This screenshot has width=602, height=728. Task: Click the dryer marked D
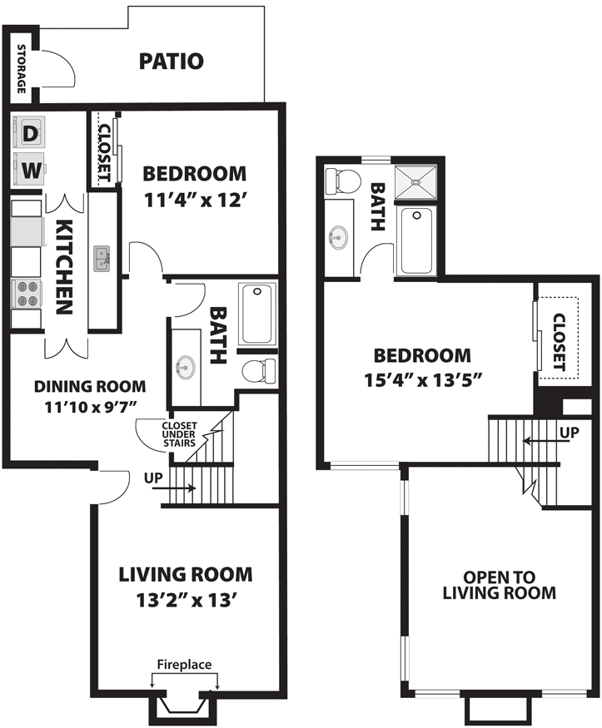pos(29,133)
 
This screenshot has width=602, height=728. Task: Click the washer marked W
pos(29,170)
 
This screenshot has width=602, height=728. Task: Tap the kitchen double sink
pos(102,259)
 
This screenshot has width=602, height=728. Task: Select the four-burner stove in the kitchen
pos(27,294)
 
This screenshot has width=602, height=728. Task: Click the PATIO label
pos(172,62)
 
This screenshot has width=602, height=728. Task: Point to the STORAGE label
pos(22,69)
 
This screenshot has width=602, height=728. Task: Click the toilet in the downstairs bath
pos(259,371)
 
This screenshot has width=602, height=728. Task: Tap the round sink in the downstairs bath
pos(186,367)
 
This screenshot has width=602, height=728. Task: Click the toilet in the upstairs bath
pos(344,181)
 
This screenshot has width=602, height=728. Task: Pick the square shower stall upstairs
pos(415,182)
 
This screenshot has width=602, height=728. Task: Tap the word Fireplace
pos(184,665)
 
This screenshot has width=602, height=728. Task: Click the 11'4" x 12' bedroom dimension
pos(194,201)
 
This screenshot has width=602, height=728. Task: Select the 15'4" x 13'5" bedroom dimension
pos(422,380)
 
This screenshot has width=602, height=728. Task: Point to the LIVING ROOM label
pos(186,574)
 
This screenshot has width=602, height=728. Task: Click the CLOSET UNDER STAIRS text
pos(179,434)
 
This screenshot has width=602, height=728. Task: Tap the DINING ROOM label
pos(90,386)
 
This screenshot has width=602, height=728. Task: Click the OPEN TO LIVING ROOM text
pos(499,585)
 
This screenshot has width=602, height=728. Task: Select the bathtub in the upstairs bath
pos(416,240)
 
